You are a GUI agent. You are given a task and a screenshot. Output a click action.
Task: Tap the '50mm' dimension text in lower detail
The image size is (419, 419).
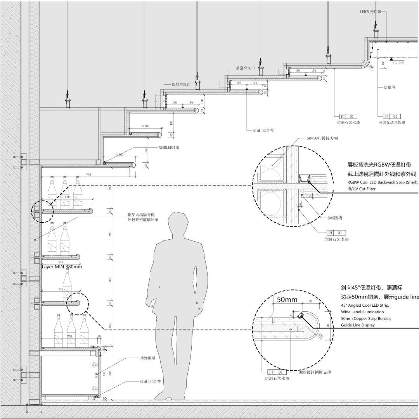pyautogui.click(x=287, y=299)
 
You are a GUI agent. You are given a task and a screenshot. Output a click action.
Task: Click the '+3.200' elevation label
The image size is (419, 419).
pyautogui.click(x=398, y=62)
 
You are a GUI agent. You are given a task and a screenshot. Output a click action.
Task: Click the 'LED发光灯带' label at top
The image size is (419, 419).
pyautogui.click(x=371, y=12)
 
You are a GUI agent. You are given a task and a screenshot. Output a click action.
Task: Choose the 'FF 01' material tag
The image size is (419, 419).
pyautogui.click(x=392, y=116)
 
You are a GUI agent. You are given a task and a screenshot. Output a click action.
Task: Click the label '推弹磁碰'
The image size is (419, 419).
pyautogui.click(x=148, y=358)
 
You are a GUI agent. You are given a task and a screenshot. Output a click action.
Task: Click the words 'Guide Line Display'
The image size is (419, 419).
pyautogui.click(x=358, y=325)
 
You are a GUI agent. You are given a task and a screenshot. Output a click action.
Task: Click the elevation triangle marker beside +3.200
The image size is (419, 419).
pyautogui.click(x=391, y=58)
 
